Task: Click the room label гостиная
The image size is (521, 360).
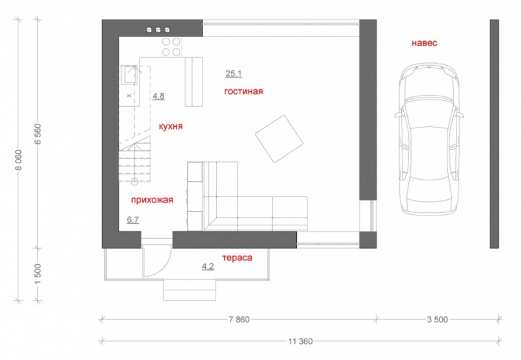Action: [x=244, y=91]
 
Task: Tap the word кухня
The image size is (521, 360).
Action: [x=171, y=126]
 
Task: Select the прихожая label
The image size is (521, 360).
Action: [x=152, y=200]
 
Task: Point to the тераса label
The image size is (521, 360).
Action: [x=237, y=258]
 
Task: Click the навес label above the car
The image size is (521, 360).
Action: [x=425, y=43]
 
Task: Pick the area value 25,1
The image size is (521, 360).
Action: [x=234, y=74]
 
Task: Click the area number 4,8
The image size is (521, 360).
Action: [x=158, y=96]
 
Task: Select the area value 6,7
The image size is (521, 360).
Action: [x=133, y=219]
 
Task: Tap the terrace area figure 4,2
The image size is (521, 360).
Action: [x=208, y=266]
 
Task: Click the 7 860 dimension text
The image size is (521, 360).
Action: [x=239, y=320]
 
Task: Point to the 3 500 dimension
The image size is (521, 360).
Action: [x=437, y=320]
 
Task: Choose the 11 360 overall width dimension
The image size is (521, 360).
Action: [x=300, y=341]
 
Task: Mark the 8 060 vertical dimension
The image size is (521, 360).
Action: [x=19, y=160]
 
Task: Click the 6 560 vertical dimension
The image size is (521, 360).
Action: [x=38, y=134]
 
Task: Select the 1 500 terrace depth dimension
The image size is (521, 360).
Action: [x=38, y=274]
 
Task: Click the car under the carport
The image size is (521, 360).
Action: [x=429, y=139]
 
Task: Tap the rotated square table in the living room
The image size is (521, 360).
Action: [x=279, y=139]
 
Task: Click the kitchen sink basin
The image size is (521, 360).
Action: [x=129, y=74]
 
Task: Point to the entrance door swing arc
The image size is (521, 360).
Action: [x=163, y=268]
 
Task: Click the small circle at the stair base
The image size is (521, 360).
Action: [x=134, y=182]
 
